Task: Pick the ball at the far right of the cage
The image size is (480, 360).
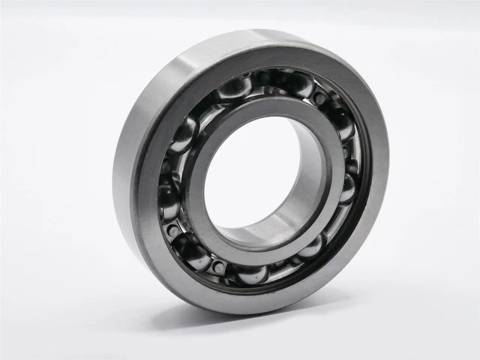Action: point(346,187)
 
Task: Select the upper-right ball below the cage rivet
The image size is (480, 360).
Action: point(342,124)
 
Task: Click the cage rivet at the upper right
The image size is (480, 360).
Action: point(321,98)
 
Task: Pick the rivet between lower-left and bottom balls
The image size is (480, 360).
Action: point(218,267)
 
